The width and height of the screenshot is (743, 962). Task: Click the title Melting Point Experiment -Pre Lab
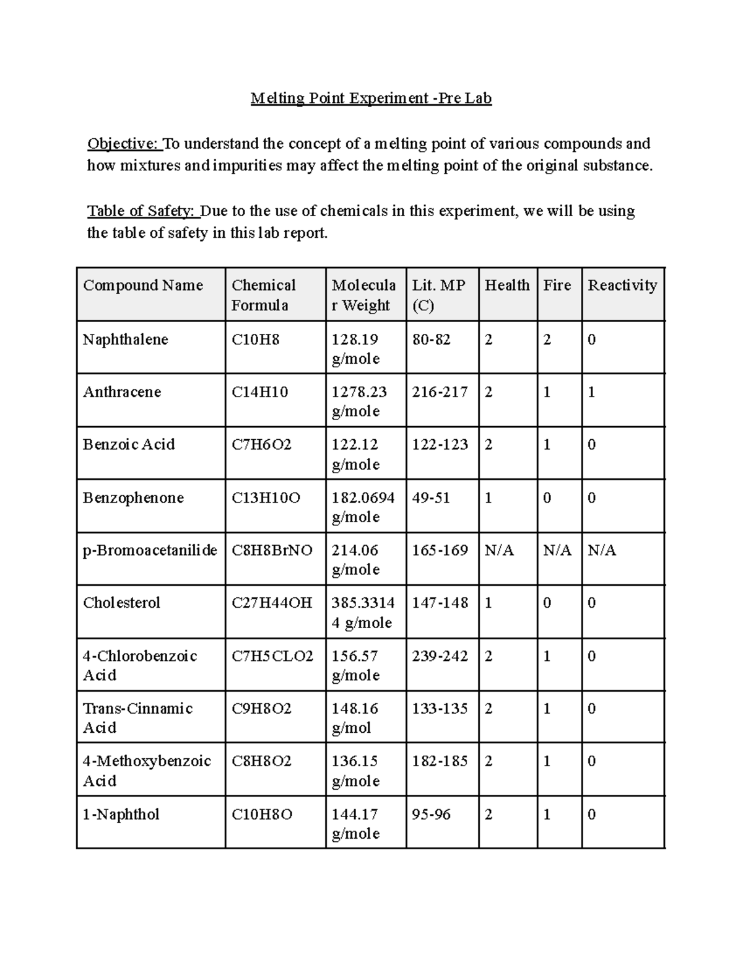(x=371, y=98)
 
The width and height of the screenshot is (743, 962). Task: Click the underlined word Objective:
(x=124, y=144)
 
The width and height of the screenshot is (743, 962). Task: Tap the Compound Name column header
(x=143, y=285)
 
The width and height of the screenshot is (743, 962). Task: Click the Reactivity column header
(x=622, y=285)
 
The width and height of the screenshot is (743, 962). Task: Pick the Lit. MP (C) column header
(x=438, y=295)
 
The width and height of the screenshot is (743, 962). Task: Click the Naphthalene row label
(x=126, y=339)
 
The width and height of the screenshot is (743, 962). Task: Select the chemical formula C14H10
(x=259, y=392)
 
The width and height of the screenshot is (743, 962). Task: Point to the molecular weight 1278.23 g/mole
(x=359, y=401)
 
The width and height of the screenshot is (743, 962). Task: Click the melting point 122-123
(x=440, y=445)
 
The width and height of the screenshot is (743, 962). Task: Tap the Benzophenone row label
(x=133, y=498)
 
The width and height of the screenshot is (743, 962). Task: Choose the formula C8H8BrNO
(x=272, y=550)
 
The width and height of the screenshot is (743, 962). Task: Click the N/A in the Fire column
(x=557, y=550)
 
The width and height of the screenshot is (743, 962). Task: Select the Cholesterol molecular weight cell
(x=363, y=612)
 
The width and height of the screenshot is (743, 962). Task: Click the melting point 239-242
(x=440, y=656)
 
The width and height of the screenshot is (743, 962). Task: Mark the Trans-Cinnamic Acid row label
(x=137, y=717)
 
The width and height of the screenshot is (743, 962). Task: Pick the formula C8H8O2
(x=261, y=761)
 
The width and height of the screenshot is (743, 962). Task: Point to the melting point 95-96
(x=431, y=815)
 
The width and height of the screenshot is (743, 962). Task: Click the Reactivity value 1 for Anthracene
(x=591, y=392)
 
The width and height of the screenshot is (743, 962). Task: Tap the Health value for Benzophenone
(x=489, y=498)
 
